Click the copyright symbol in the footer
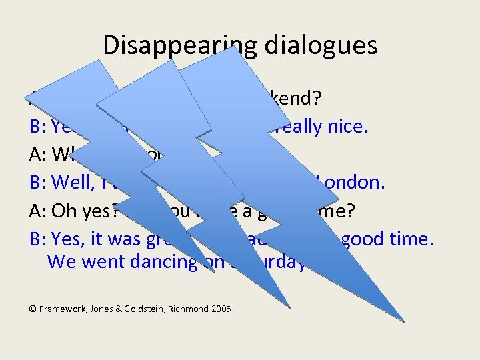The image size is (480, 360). [x=33, y=309]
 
